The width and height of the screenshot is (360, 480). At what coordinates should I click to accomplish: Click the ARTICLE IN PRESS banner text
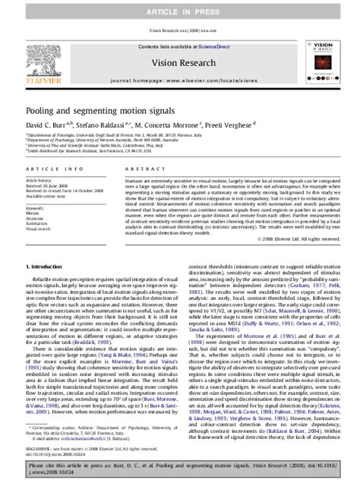(179, 10)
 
